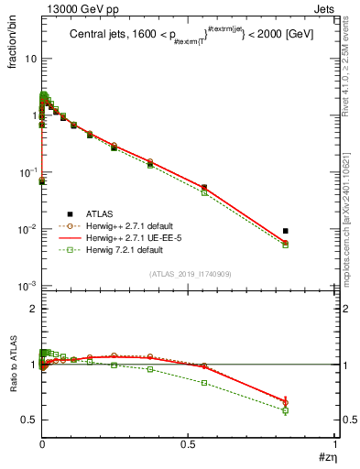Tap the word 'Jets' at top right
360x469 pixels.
pyautogui.click(x=325, y=8)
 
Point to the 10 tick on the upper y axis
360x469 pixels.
pyautogui.click(x=28, y=59)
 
